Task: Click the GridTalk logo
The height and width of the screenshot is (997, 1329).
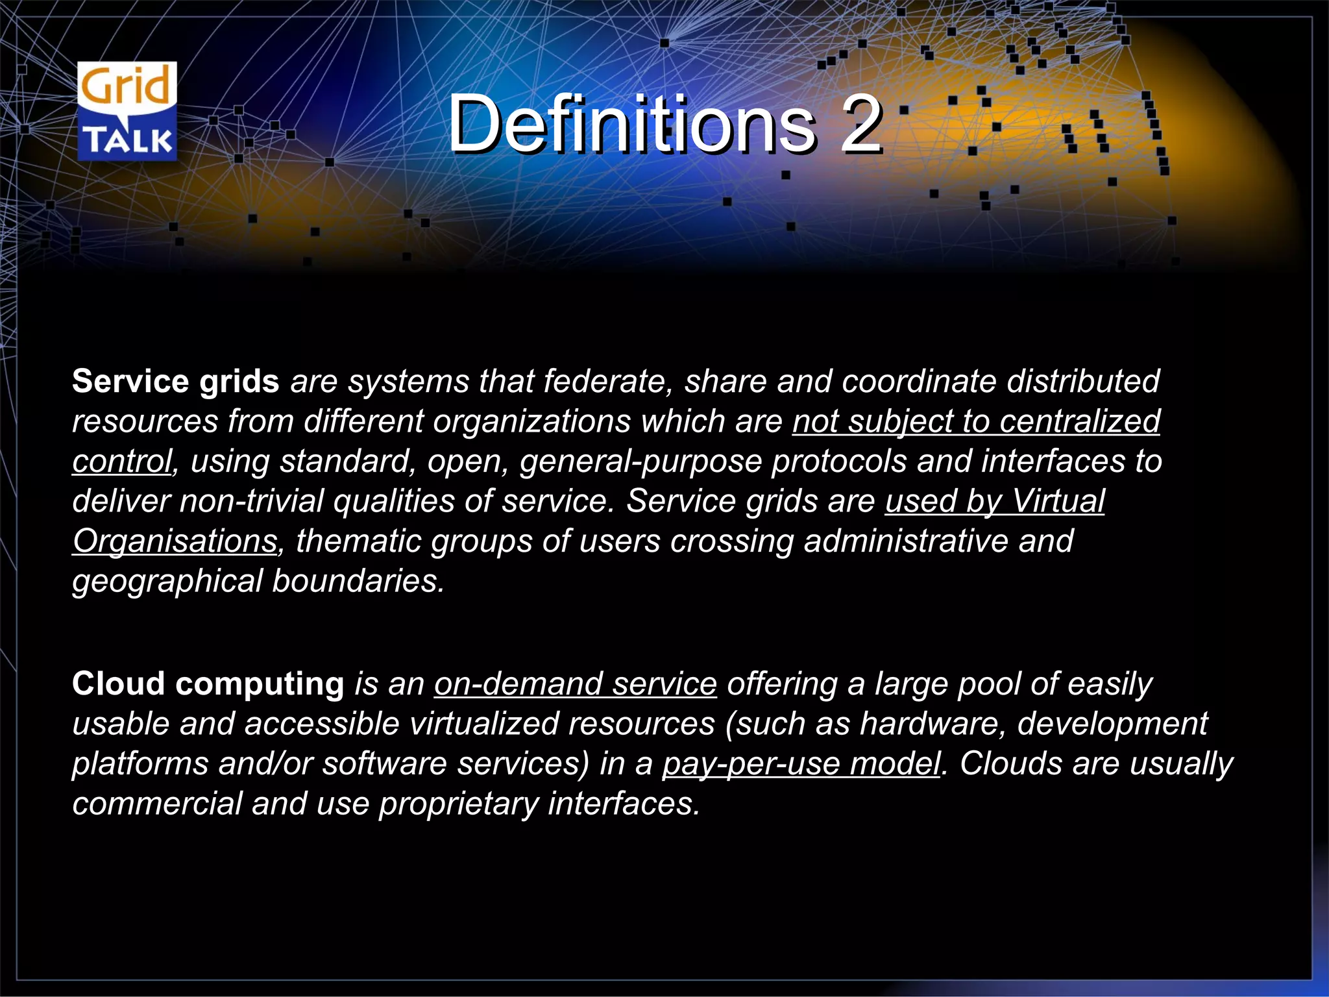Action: point(127,112)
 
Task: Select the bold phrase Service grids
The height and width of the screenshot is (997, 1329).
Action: point(175,381)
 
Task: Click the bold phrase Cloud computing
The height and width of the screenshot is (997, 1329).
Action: point(208,684)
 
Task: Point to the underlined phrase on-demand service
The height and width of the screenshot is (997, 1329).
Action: point(575,684)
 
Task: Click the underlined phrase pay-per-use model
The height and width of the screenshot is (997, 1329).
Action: point(801,764)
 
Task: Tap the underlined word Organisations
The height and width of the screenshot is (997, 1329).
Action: point(175,541)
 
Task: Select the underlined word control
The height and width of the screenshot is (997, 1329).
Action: point(122,462)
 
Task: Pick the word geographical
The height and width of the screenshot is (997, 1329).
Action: point(167,582)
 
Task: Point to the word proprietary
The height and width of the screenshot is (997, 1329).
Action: point(458,804)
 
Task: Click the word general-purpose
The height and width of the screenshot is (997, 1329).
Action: point(640,462)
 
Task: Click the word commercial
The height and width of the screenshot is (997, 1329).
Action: point(157,804)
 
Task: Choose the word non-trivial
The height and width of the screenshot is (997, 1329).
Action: point(251,502)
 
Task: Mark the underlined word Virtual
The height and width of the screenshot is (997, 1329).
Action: point(1058,502)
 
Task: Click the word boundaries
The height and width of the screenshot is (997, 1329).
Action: point(358,582)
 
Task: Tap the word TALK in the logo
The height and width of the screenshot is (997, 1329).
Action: point(128,140)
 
